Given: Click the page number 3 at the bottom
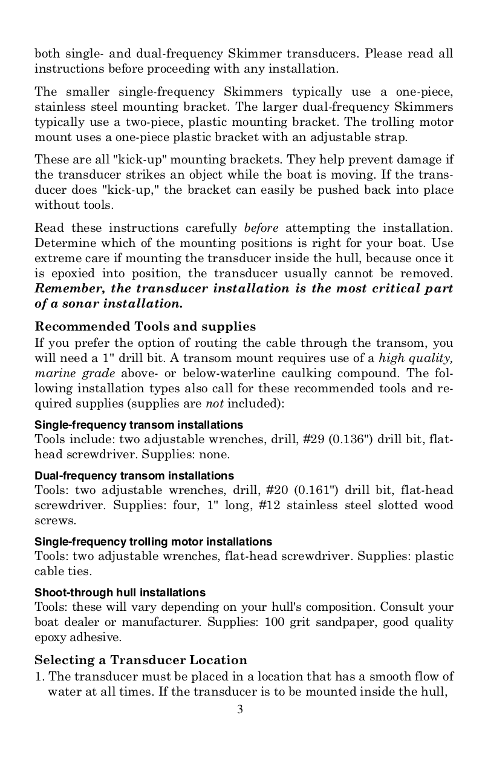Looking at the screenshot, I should (240, 709).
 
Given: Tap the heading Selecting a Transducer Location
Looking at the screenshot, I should (141, 660).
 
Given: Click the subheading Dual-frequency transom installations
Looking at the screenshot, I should (134, 476).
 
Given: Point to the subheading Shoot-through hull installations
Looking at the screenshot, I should (120, 592).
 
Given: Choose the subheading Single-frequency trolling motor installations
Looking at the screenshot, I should (154, 541).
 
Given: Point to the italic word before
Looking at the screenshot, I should (261, 228).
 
